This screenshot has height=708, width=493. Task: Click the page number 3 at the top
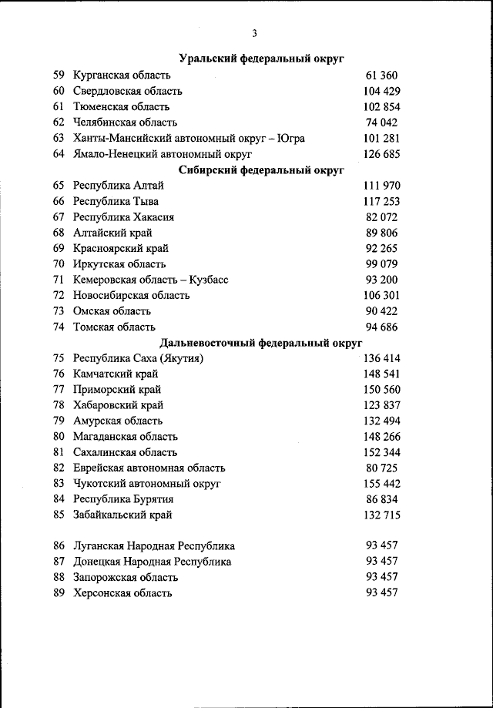point(253,32)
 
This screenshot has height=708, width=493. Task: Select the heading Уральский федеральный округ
point(261,59)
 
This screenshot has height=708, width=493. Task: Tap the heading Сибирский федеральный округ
point(260,169)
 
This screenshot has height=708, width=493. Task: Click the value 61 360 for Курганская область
point(381,75)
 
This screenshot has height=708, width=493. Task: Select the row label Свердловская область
point(127,91)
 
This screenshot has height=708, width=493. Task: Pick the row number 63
point(59,138)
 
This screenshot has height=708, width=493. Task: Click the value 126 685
point(381,154)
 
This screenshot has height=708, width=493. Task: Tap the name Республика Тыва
point(116,202)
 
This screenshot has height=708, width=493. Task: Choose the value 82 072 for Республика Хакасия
point(381,217)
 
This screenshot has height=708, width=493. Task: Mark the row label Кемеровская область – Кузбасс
point(150,280)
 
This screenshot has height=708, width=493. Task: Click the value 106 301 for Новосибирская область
point(381,296)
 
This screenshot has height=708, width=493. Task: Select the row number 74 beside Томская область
point(59,327)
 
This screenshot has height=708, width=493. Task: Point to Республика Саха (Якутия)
point(138,358)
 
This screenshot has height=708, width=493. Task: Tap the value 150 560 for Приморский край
point(381,390)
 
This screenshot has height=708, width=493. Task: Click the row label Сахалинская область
point(125,452)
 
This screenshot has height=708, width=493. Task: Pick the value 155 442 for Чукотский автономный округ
point(381,484)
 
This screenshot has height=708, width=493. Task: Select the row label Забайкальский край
point(122,515)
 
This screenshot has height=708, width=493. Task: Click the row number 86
point(59,546)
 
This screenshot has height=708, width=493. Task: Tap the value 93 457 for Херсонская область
point(381,593)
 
